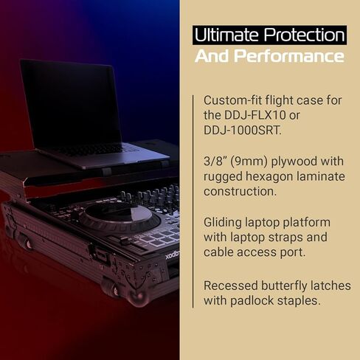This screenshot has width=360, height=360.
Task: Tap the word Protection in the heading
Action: tap(305, 35)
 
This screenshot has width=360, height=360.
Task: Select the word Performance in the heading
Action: tap(288, 56)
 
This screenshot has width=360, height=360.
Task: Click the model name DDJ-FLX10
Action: tap(255, 115)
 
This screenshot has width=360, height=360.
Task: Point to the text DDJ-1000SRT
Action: tap(243, 131)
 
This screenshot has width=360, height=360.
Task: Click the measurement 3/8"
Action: tap(213, 162)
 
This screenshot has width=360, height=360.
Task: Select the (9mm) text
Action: tap(247, 162)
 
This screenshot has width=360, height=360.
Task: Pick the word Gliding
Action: tap(223, 223)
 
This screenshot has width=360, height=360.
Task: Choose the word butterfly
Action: tap(284, 286)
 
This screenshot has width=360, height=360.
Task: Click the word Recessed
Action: tap(230, 286)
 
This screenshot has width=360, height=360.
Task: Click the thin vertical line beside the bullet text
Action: tap(193, 201)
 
